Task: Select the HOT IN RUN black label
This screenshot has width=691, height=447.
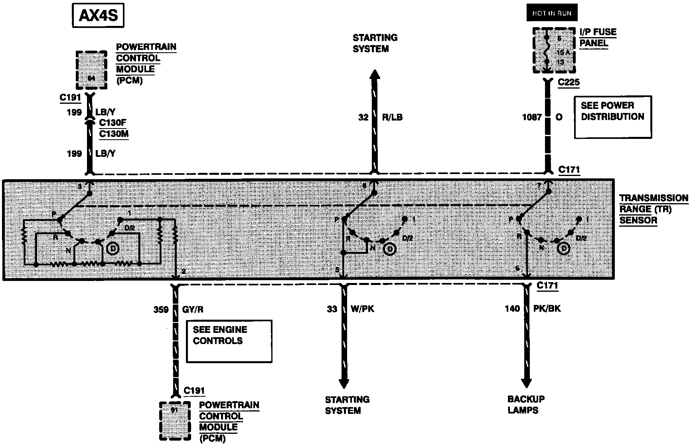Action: [551, 13]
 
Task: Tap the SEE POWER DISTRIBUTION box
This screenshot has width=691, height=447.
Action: [612, 117]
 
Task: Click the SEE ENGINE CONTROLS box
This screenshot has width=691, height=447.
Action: [229, 341]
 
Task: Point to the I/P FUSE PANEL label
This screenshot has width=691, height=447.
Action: [598, 38]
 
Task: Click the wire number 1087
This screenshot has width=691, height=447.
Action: [532, 117]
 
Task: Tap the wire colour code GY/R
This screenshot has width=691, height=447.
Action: [193, 309]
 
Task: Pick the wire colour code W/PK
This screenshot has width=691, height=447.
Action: [362, 309]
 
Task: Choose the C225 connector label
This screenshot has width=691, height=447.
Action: [569, 83]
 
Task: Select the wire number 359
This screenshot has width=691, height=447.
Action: [161, 309]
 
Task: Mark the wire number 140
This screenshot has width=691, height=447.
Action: [512, 309]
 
